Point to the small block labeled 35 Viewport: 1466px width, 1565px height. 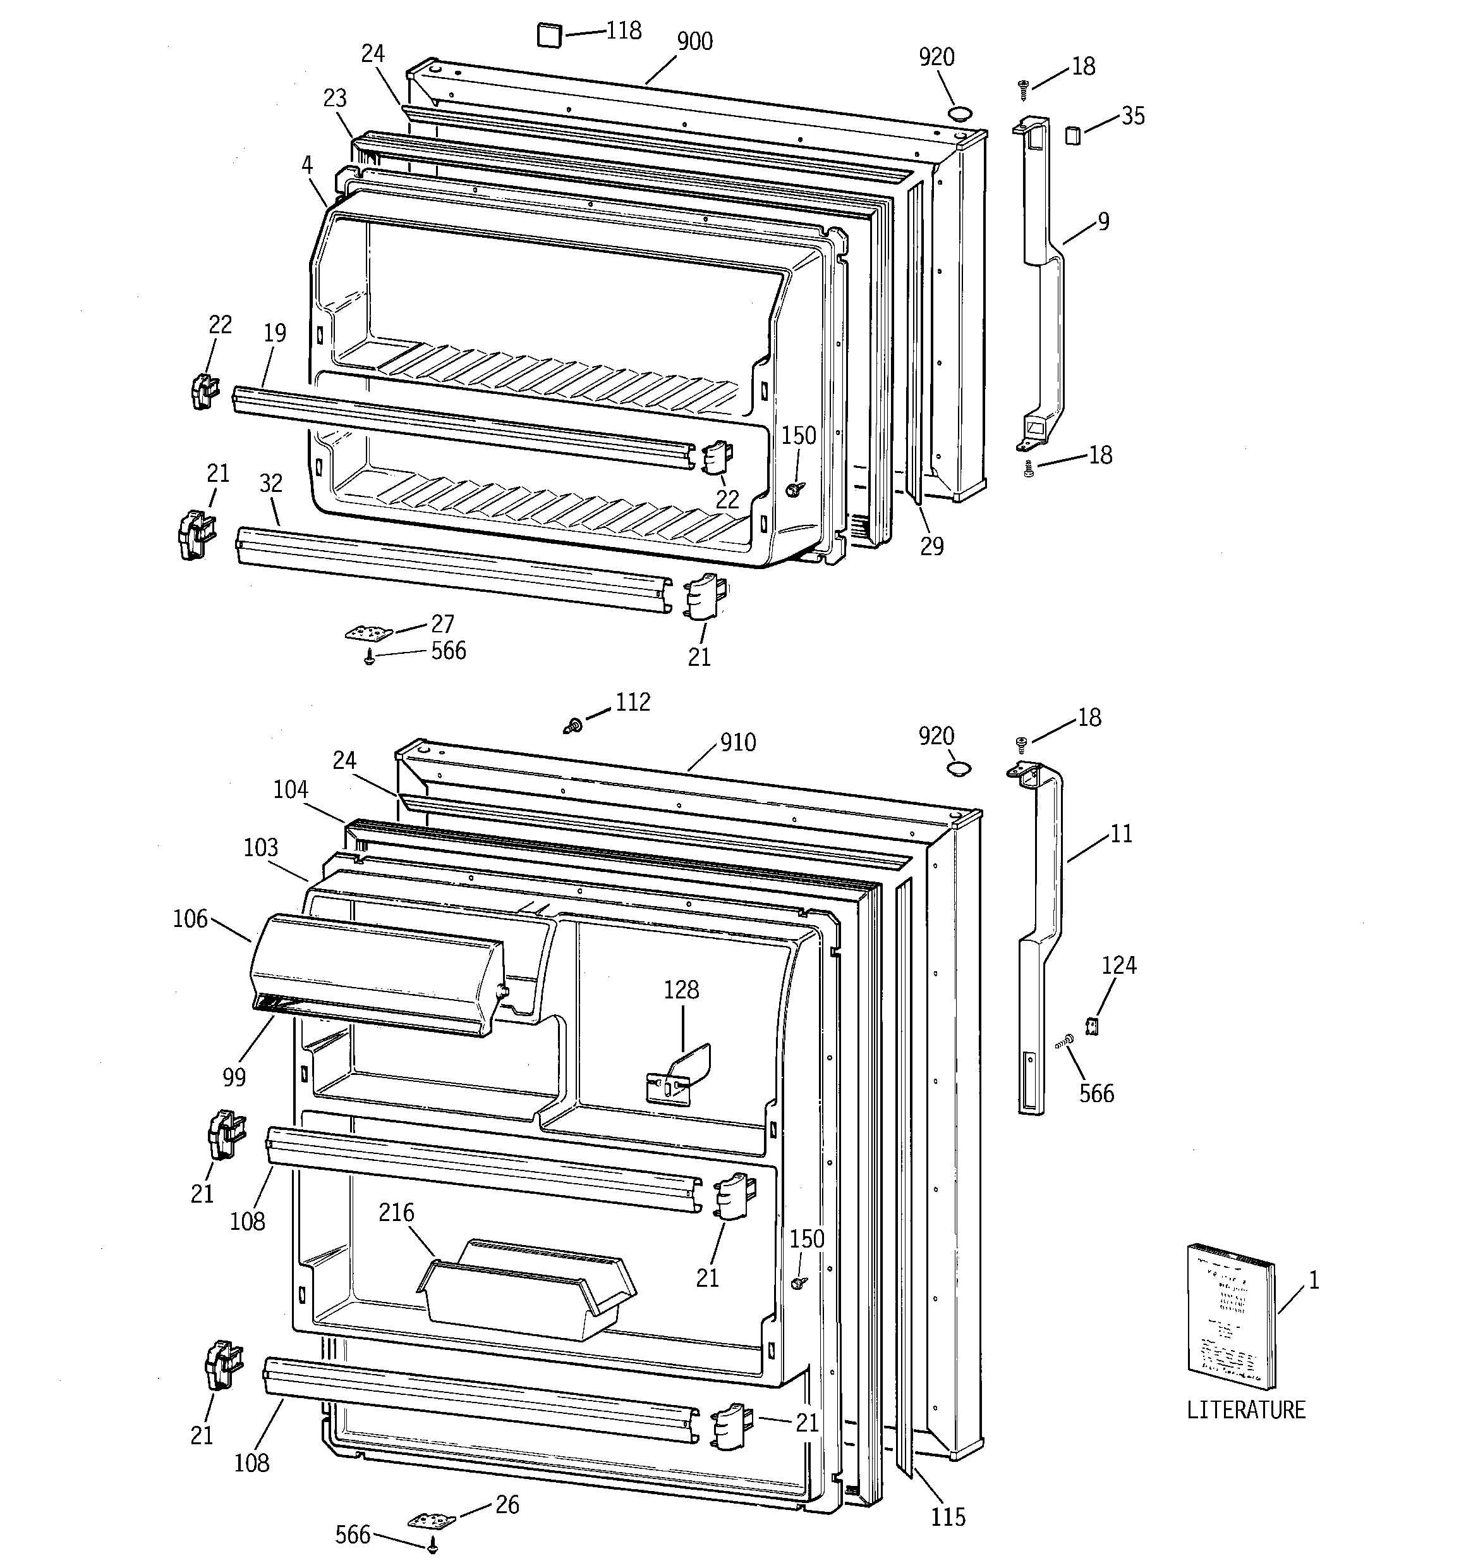[1072, 135]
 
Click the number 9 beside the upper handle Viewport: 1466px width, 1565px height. [1103, 222]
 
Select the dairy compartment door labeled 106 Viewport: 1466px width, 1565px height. [378, 976]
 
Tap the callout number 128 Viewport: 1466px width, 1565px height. [681, 990]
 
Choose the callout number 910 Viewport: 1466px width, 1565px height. [737, 742]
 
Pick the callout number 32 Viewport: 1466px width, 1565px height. [270, 483]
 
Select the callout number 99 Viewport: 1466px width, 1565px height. [234, 1077]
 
